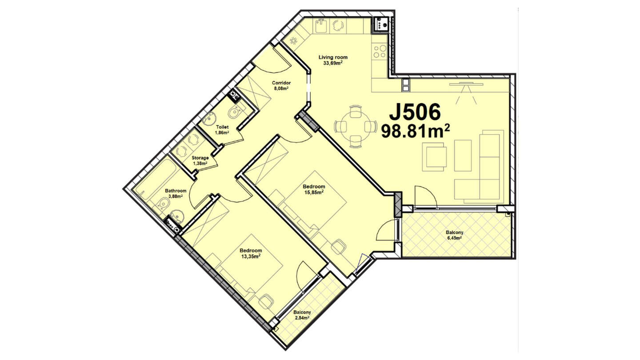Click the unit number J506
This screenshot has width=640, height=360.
(x=415, y=112)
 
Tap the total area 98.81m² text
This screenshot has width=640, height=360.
(x=416, y=131)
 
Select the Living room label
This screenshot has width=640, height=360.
(x=333, y=57)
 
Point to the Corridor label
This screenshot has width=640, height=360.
(x=281, y=83)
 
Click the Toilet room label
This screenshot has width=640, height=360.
(x=222, y=127)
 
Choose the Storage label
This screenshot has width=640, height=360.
(x=200, y=158)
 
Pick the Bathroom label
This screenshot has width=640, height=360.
(x=176, y=191)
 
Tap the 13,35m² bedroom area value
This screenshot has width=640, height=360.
(x=251, y=256)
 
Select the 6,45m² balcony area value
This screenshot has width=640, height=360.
(x=454, y=238)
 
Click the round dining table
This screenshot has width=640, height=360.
(x=354, y=126)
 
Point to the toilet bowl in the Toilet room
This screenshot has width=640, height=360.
(x=235, y=112)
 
